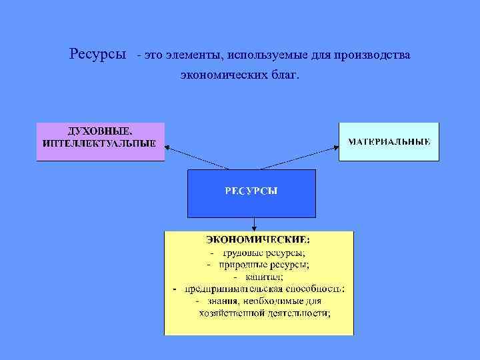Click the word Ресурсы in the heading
[97, 54]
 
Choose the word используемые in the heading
[258, 54]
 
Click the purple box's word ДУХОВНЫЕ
[99, 132]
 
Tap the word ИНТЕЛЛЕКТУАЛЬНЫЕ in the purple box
[99, 143]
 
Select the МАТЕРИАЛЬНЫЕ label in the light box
[389, 142]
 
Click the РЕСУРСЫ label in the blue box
[251, 191]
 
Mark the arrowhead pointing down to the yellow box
[252, 228]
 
